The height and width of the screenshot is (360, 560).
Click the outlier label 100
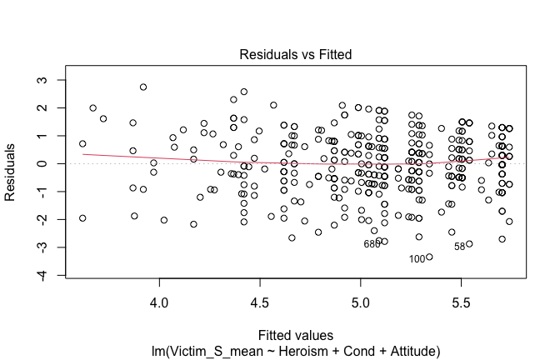pyautogui.click(x=417, y=259)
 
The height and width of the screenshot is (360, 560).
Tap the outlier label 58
pyautogui.click(x=459, y=246)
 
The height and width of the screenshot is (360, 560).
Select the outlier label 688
pyautogui.click(x=372, y=244)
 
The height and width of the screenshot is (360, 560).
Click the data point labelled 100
pyautogui.click(x=429, y=257)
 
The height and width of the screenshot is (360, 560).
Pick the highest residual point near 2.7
pyautogui.click(x=143, y=87)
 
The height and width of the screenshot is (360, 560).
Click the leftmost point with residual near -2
pyautogui.click(x=82, y=218)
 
